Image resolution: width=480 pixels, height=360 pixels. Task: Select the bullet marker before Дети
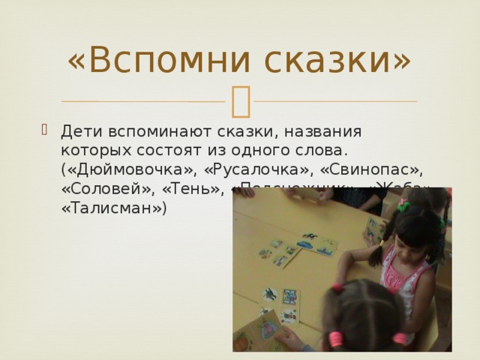click(x=49, y=129)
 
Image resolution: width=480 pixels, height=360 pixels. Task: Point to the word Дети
click(x=77, y=131)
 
